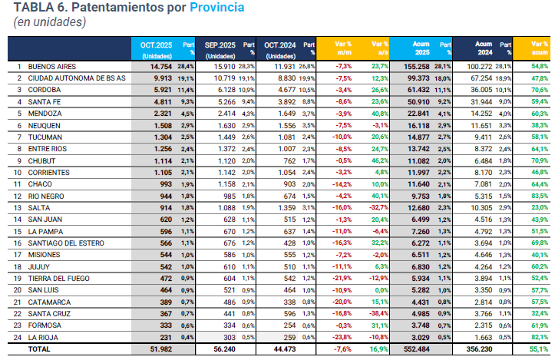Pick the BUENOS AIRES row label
pos(51,67)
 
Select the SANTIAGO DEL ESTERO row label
pos(64,242)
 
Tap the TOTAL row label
pos(41,348)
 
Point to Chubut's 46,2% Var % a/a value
pos(375,160)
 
